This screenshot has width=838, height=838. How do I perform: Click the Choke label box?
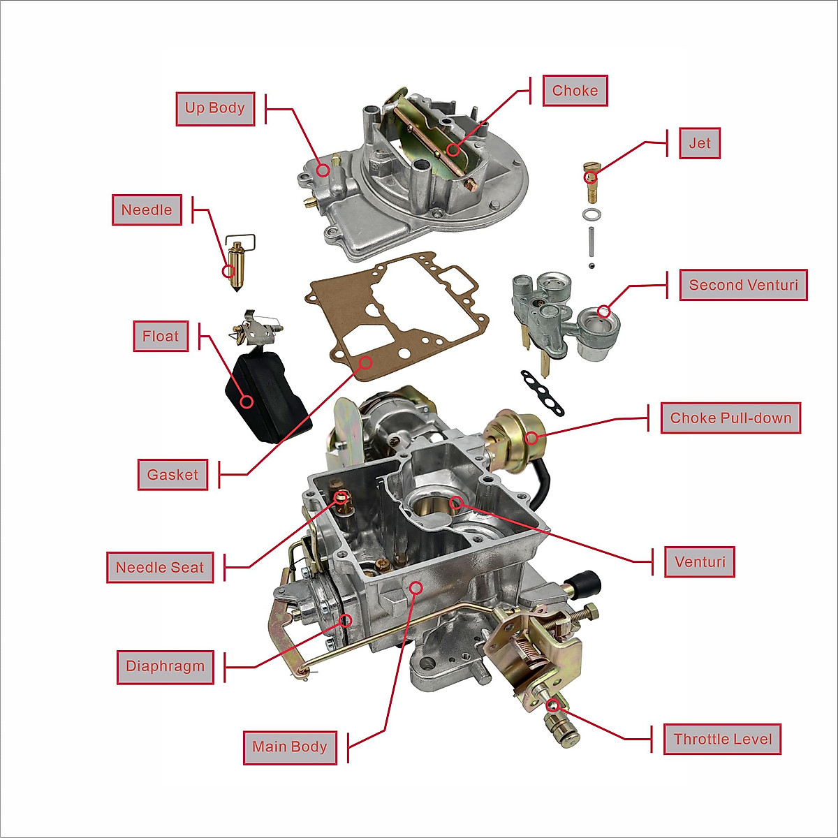[x=575, y=91]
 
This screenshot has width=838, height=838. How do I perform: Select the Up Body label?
[x=214, y=108]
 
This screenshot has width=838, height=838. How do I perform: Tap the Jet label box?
[x=699, y=143]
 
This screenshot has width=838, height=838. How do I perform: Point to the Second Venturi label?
[x=743, y=285]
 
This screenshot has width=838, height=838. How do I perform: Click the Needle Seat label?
[x=160, y=568]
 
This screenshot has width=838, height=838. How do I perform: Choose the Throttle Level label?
[x=722, y=740]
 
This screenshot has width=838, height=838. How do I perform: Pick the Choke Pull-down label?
[x=730, y=418]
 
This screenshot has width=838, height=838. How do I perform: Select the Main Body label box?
[x=290, y=747]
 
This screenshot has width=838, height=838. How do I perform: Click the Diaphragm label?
[x=165, y=666]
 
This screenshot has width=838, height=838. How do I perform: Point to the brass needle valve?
[x=237, y=269]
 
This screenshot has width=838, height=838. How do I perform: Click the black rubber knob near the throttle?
[x=585, y=581]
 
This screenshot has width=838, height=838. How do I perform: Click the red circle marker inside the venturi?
[x=456, y=502]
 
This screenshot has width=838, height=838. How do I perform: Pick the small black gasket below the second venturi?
[x=541, y=392]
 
